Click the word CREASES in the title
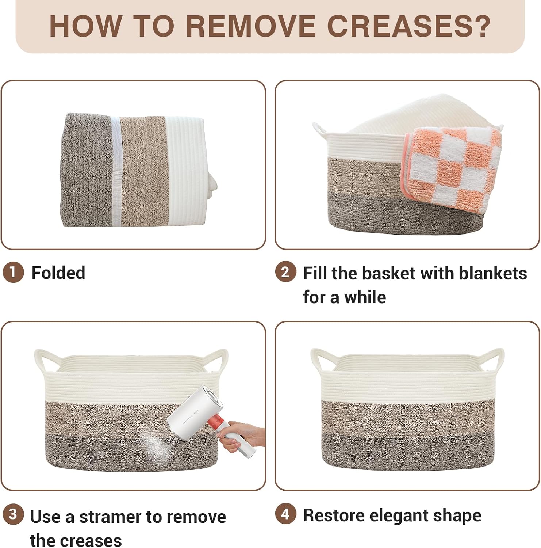click(x=408, y=26)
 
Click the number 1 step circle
click(x=13, y=273)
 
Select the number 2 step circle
click(x=285, y=273)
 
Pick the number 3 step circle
click(x=13, y=515)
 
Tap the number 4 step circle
click(x=285, y=514)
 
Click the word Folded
click(x=58, y=273)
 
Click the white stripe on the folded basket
click(x=116, y=171)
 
